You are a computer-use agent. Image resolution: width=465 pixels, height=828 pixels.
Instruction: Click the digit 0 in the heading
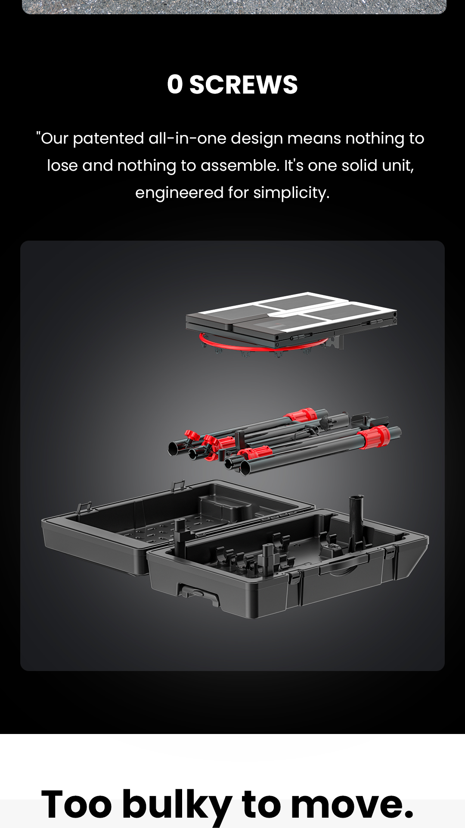175,84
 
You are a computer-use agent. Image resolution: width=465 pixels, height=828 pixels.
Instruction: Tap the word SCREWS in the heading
244,84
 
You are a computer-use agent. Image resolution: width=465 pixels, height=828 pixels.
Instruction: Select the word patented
108,138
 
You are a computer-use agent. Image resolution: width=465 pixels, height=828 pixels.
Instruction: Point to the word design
257,139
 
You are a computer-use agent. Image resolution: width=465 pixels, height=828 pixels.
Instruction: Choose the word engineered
180,193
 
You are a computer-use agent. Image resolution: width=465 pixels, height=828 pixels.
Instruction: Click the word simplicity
291,193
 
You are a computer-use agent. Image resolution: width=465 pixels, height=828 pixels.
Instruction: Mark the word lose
62,166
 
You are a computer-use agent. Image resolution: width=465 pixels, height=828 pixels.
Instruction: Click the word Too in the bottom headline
77,804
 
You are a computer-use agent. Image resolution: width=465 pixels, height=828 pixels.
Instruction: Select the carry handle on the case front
344,565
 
